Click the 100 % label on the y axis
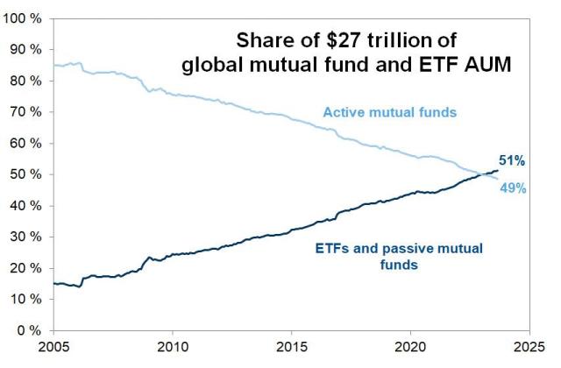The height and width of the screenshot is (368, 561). click(22, 18)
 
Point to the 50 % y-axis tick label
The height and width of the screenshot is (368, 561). click(25, 174)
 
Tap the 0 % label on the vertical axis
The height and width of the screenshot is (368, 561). click(29, 330)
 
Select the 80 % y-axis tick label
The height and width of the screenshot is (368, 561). click(25, 81)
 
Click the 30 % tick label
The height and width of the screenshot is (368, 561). click(25, 237)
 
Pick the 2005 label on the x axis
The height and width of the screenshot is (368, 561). click(53, 347)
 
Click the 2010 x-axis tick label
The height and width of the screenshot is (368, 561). click(172, 347)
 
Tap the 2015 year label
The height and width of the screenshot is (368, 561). click(291, 347)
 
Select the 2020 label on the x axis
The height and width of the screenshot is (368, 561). click(410, 347)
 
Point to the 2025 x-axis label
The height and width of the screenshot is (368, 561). click(529, 347)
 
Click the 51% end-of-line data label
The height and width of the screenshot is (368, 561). click(512, 161)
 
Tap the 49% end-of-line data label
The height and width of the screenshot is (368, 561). click(513, 188)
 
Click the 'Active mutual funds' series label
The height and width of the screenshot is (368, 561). click(390, 112)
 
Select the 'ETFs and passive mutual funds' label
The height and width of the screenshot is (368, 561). click(399, 257)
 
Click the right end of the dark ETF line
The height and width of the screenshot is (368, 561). click(498, 170)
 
